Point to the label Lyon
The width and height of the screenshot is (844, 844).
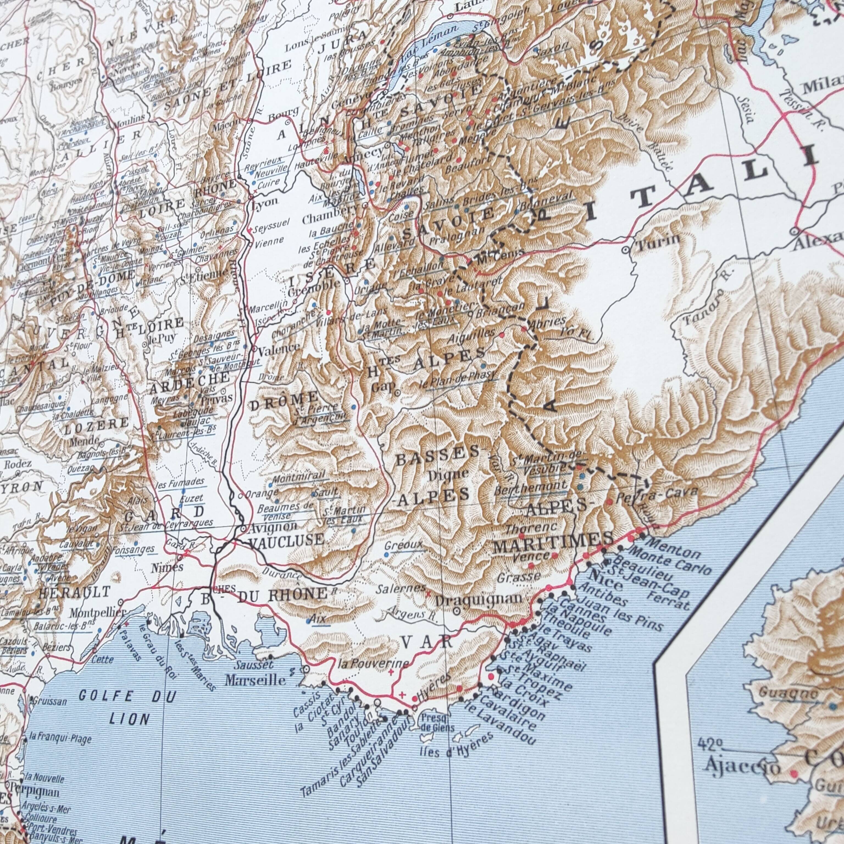click(x=265, y=202)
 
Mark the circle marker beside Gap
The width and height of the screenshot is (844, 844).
click(x=397, y=393)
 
